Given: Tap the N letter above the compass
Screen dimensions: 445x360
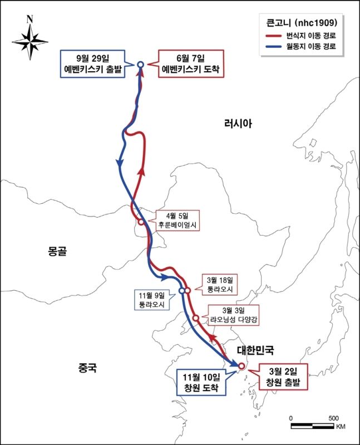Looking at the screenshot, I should pyautogui.click(x=29, y=18).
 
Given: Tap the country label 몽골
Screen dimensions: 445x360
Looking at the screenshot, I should pyautogui.click(x=57, y=251).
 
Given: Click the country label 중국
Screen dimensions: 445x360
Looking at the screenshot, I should pyautogui.click(x=88, y=368).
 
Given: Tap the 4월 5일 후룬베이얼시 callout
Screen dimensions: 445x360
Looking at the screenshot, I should pyautogui.click(x=177, y=221).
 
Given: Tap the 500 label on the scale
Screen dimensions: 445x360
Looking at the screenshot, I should pyautogui.click(x=333, y=418).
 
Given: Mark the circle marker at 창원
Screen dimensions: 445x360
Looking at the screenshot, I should pyautogui.click(x=241, y=366).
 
